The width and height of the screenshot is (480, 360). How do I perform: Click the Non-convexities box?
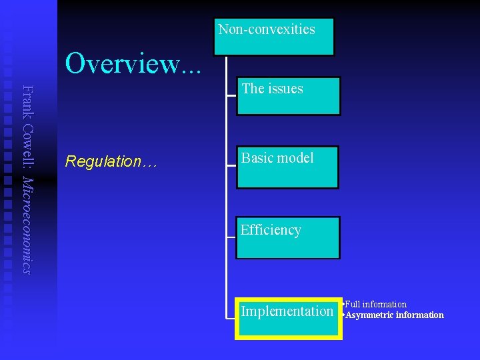pos(273,36)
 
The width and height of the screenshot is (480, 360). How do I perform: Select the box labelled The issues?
pos(288,96)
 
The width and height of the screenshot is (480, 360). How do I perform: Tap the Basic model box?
pos(287,167)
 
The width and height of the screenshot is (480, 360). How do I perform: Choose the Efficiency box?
pos(287,237)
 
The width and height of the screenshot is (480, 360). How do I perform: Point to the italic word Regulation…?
pos(110,161)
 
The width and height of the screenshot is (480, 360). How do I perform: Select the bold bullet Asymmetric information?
pos(394,315)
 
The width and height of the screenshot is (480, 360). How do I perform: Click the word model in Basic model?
pos(296,158)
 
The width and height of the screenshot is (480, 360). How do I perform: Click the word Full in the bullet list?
pos(353,305)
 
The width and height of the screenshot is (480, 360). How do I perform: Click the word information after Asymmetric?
pos(419,315)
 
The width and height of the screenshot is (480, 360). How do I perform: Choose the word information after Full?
pos(385,305)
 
